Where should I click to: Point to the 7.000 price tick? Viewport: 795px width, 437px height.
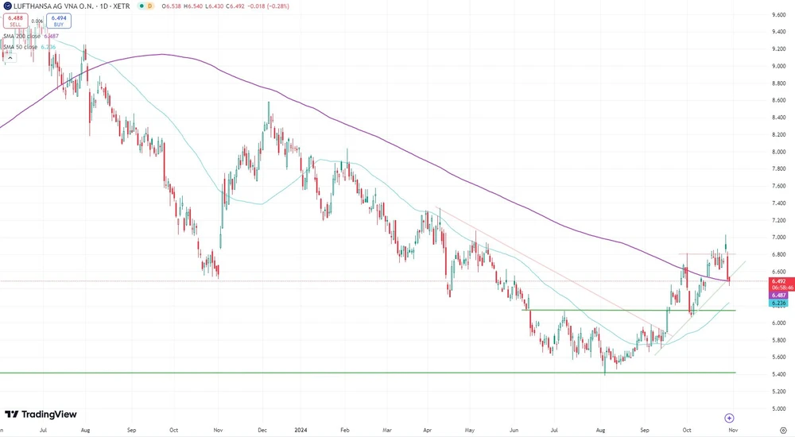779,238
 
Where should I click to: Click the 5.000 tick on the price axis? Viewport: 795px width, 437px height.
779,408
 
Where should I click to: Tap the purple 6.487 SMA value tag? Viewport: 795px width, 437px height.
779,295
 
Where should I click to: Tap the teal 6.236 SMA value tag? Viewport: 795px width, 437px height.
779,304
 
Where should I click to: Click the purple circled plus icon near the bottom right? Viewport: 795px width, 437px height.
729,418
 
